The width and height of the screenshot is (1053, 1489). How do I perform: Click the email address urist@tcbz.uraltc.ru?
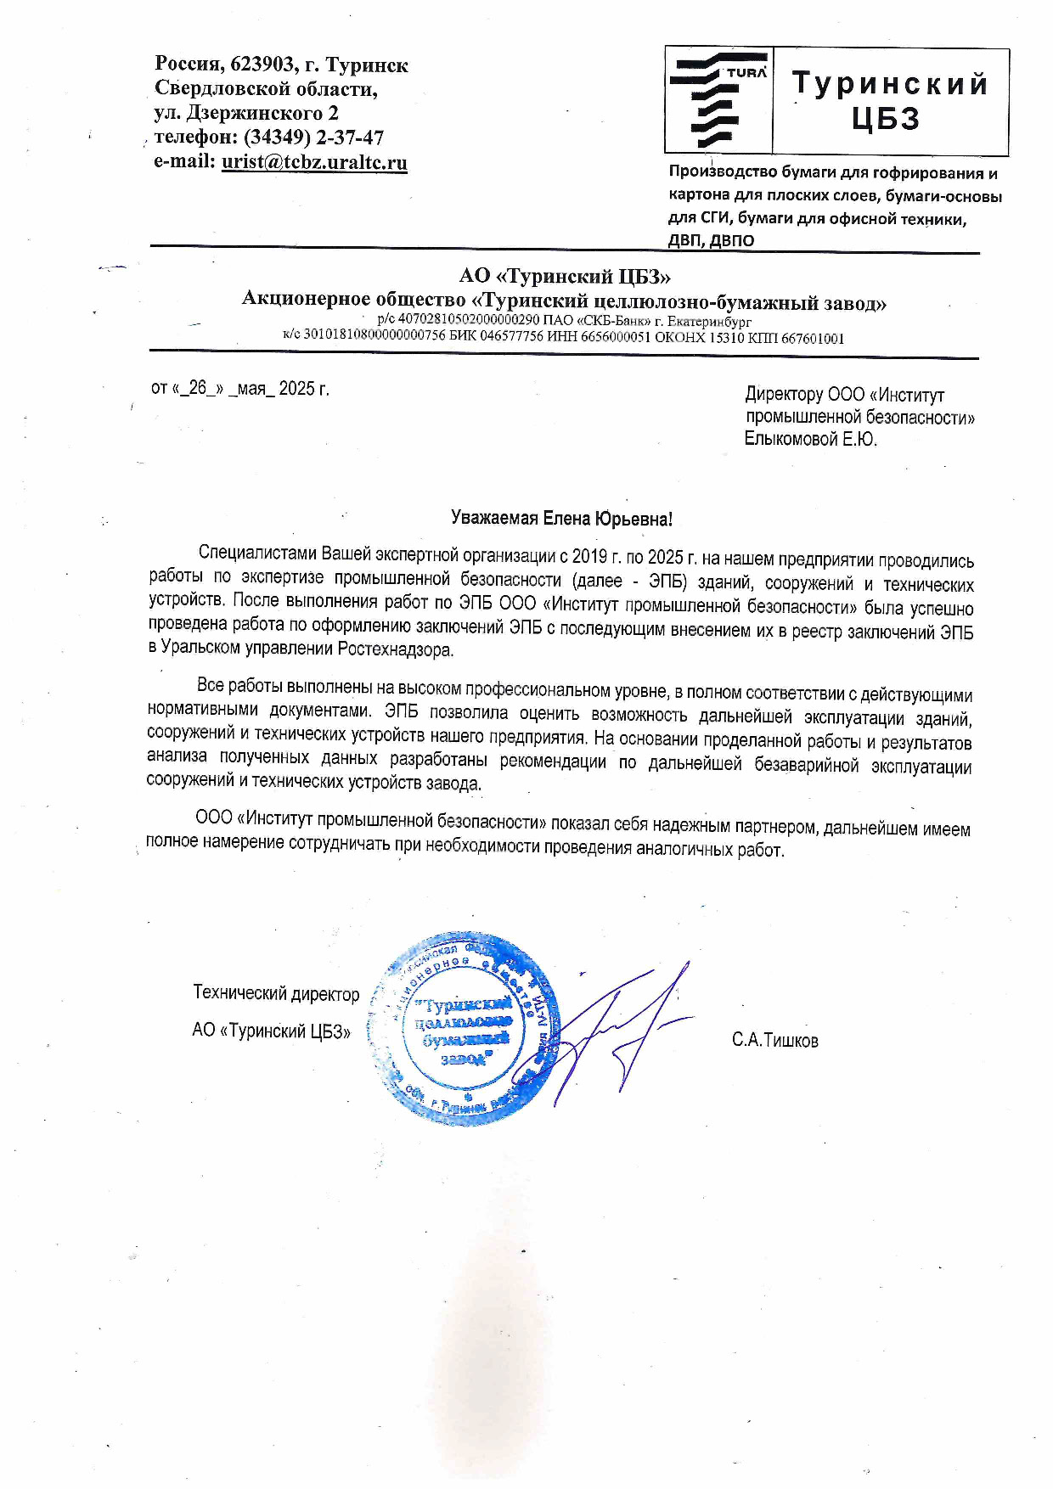pyautogui.click(x=314, y=162)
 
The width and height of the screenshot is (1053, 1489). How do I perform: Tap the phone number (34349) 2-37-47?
pyautogui.click(x=313, y=138)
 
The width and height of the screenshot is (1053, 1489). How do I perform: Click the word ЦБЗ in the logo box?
pyautogui.click(x=887, y=120)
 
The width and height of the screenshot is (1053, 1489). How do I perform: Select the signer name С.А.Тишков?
pyautogui.click(x=774, y=1040)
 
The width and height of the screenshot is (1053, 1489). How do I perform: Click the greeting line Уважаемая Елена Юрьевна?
pyautogui.click(x=561, y=520)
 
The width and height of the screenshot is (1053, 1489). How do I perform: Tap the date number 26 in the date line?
pyautogui.click(x=198, y=389)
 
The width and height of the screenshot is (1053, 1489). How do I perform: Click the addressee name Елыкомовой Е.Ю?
pyautogui.click(x=810, y=439)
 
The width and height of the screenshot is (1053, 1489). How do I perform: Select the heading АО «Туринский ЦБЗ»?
pyautogui.click(x=565, y=276)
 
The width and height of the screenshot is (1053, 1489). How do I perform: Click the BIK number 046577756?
pyautogui.click(x=512, y=337)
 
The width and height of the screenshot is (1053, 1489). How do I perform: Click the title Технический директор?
pyautogui.click(x=276, y=993)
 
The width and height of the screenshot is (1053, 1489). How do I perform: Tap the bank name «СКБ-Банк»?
pyautogui.click(x=608, y=321)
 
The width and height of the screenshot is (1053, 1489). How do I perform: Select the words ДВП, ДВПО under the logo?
pyautogui.click(x=711, y=240)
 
